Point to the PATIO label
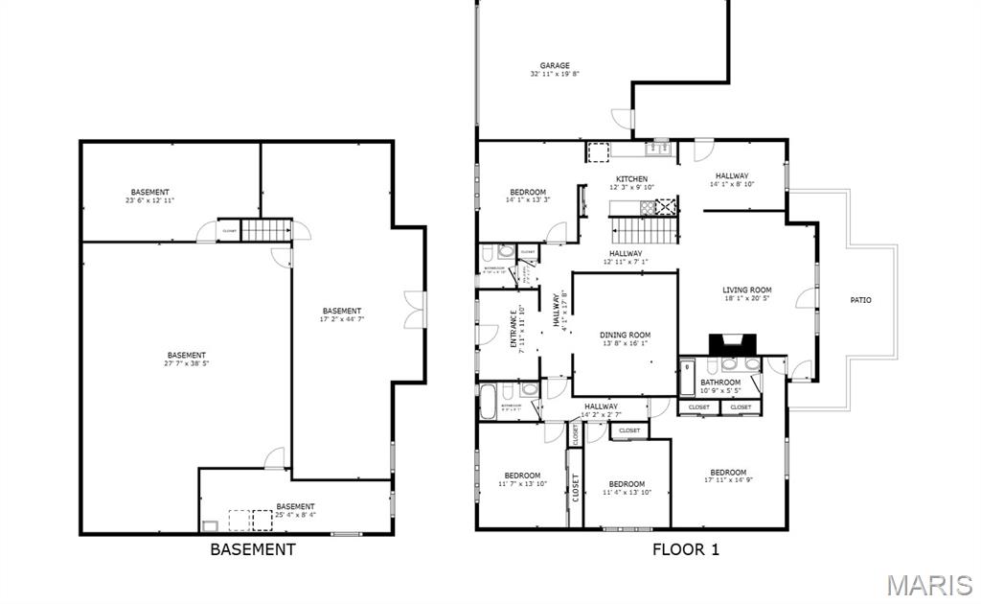(860, 300)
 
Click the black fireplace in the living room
(732, 344)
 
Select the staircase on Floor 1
(644, 230)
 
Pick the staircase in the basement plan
(264, 230)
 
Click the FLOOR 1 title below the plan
(685, 549)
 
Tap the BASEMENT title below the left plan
(252, 549)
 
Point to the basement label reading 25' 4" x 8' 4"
(295, 510)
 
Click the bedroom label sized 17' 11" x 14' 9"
(728, 476)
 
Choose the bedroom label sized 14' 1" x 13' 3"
(527, 196)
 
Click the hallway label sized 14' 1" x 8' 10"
(732, 179)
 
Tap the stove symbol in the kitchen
(666, 205)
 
